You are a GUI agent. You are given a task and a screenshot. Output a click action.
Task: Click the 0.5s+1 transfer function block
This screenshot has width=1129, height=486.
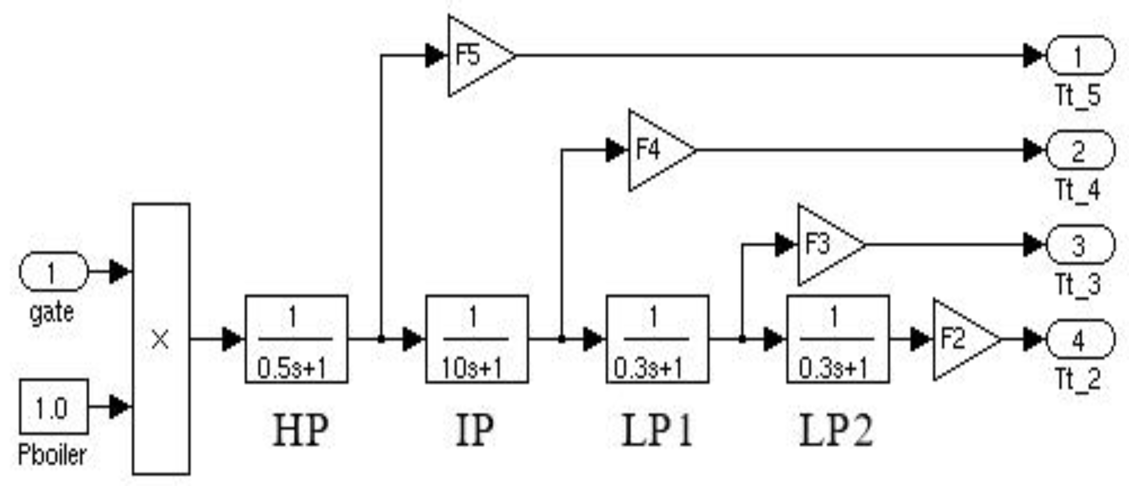[296, 339]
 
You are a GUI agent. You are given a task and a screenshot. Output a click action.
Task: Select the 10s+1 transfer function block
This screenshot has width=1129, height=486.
[477, 339]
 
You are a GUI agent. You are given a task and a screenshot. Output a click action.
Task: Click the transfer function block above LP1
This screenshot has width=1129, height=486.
[658, 339]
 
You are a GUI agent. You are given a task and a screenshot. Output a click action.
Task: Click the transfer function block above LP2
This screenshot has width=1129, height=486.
[838, 339]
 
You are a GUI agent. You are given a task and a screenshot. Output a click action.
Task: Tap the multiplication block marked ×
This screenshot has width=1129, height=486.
[161, 339]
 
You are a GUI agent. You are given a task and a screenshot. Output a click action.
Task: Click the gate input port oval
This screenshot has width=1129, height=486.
[53, 272]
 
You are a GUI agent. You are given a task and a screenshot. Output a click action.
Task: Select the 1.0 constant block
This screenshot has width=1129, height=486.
[53, 407]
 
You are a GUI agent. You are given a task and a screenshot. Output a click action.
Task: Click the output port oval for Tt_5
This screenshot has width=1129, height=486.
[1080, 56]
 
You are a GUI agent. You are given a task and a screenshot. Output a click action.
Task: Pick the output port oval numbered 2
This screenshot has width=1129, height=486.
[1080, 150]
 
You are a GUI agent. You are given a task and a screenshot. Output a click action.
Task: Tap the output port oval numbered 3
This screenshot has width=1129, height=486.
[1080, 245]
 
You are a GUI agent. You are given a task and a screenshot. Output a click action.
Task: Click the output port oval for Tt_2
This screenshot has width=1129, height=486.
[1080, 339]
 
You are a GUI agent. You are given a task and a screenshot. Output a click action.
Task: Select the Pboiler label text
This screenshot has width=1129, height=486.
[52, 455]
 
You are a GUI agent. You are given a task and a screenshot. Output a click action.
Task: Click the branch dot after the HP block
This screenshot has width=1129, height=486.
[381, 339]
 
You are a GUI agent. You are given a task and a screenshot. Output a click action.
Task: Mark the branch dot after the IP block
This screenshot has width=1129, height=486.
[562, 339]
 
